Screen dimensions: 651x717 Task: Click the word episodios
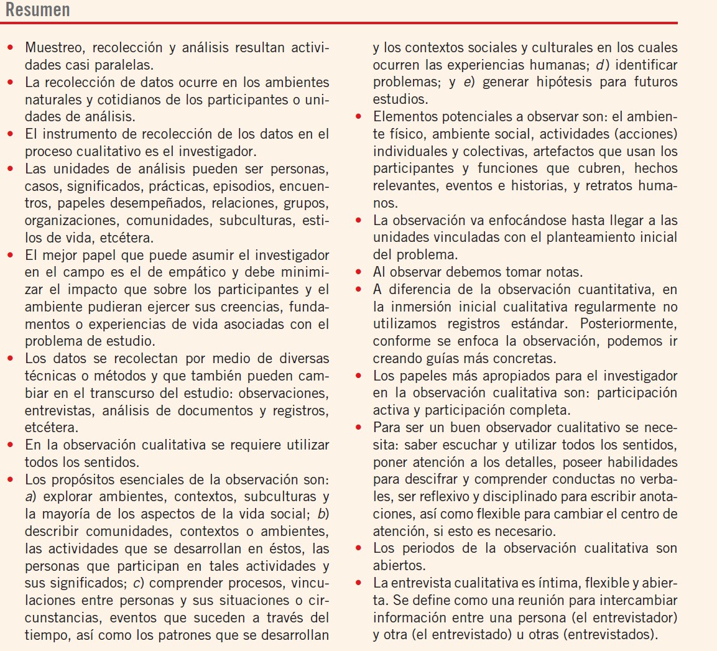coord(243,186)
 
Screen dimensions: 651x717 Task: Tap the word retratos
coord(607,186)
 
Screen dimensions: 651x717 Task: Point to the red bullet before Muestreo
coord(11,48)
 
